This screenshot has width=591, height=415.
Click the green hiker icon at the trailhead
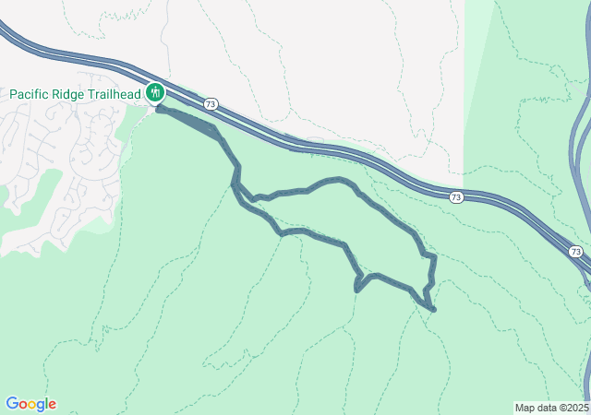(x=154, y=93)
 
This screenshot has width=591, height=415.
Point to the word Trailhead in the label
(x=117, y=94)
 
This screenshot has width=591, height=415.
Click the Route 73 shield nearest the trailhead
(x=211, y=104)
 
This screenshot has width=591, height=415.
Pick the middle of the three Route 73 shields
(x=456, y=197)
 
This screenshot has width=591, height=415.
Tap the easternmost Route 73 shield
(x=575, y=252)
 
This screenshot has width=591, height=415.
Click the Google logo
(x=30, y=404)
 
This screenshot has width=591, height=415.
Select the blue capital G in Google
(x=11, y=404)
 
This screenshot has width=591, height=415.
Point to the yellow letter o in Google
(x=33, y=405)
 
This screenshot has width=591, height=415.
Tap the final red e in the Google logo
(x=52, y=405)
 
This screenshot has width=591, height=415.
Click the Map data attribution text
(x=551, y=408)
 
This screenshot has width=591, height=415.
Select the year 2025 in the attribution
(x=577, y=408)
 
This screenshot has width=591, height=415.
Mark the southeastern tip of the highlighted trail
(x=433, y=310)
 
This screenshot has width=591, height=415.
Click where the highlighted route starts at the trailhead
(x=159, y=109)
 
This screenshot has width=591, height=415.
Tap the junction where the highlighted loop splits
(x=236, y=183)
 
